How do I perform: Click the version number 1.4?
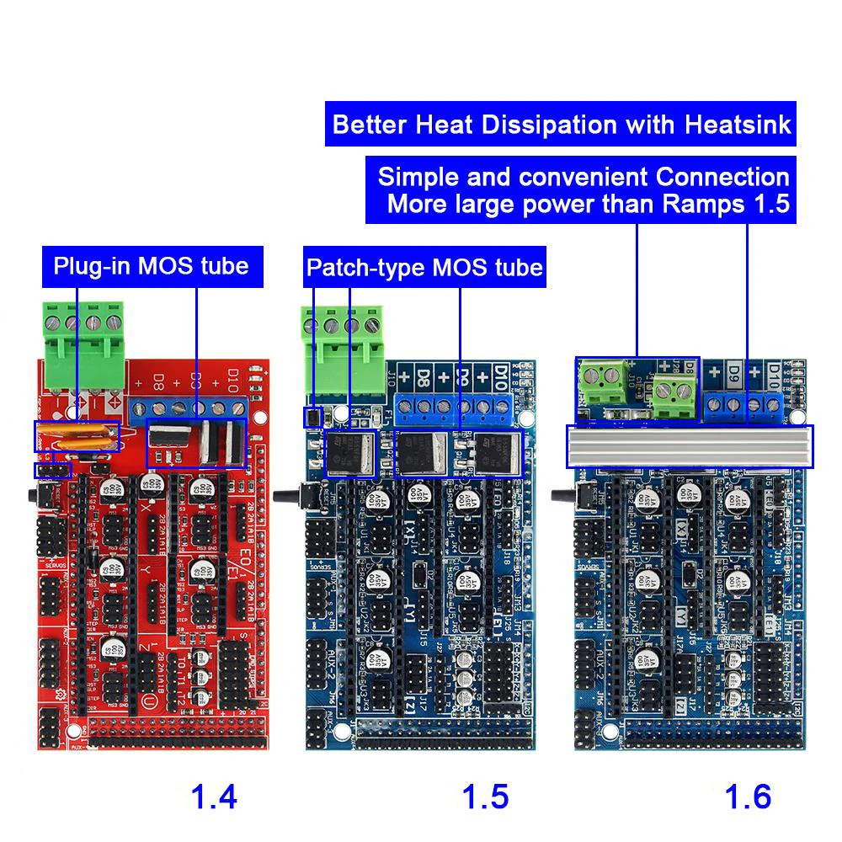coord(215,796)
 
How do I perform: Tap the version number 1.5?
coord(485,796)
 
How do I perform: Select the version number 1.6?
coord(748,796)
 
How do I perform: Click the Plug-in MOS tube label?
coord(152,266)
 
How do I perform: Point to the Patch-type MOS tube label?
coord(424,268)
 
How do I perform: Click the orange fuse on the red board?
coord(76,436)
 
